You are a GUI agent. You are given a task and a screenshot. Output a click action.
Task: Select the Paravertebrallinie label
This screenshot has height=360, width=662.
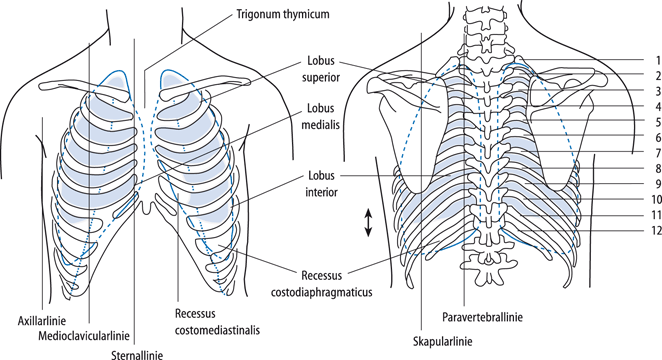(x=498, y=317)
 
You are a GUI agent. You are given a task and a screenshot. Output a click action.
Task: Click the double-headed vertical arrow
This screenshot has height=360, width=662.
(x=369, y=221)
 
